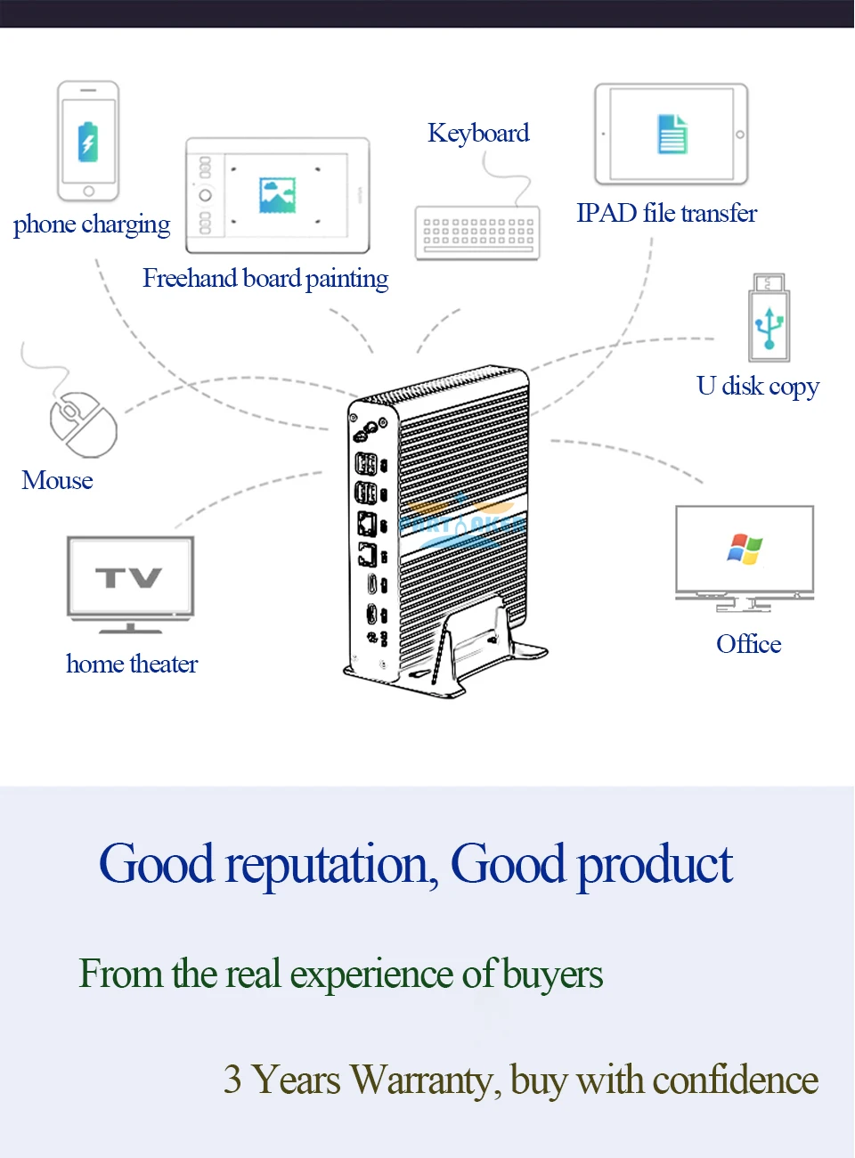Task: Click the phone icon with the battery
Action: tap(88, 142)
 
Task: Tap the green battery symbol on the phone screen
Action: tap(88, 142)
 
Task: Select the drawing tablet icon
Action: tap(277, 195)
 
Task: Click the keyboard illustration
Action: tap(477, 233)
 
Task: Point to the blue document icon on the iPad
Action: tap(672, 134)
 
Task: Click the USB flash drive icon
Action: tap(769, 318)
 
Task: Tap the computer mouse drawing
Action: tap(83, 424)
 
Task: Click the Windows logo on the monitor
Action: tap(745, 549)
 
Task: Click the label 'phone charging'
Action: tap(92, 224)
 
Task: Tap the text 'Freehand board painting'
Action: tap(265, 279)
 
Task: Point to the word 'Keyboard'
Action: tap(478, 134)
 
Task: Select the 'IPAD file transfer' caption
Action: tap(666, 214)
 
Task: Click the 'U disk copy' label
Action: tap(758, 387)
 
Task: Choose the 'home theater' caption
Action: tap(132, 665)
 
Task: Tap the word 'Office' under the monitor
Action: tap(749, 644)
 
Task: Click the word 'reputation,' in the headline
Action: tap(331, 865)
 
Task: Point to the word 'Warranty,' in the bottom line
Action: tap(426, 1081)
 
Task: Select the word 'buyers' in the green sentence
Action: tap(552, 975)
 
